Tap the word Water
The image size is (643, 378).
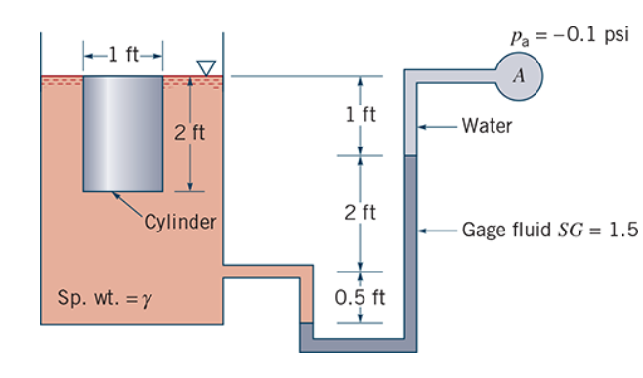coord(487,125)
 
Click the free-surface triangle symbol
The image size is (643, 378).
coord(205,67)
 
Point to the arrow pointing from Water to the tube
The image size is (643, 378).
coord(438,125)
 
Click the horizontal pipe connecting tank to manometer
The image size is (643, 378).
coord(264,272)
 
